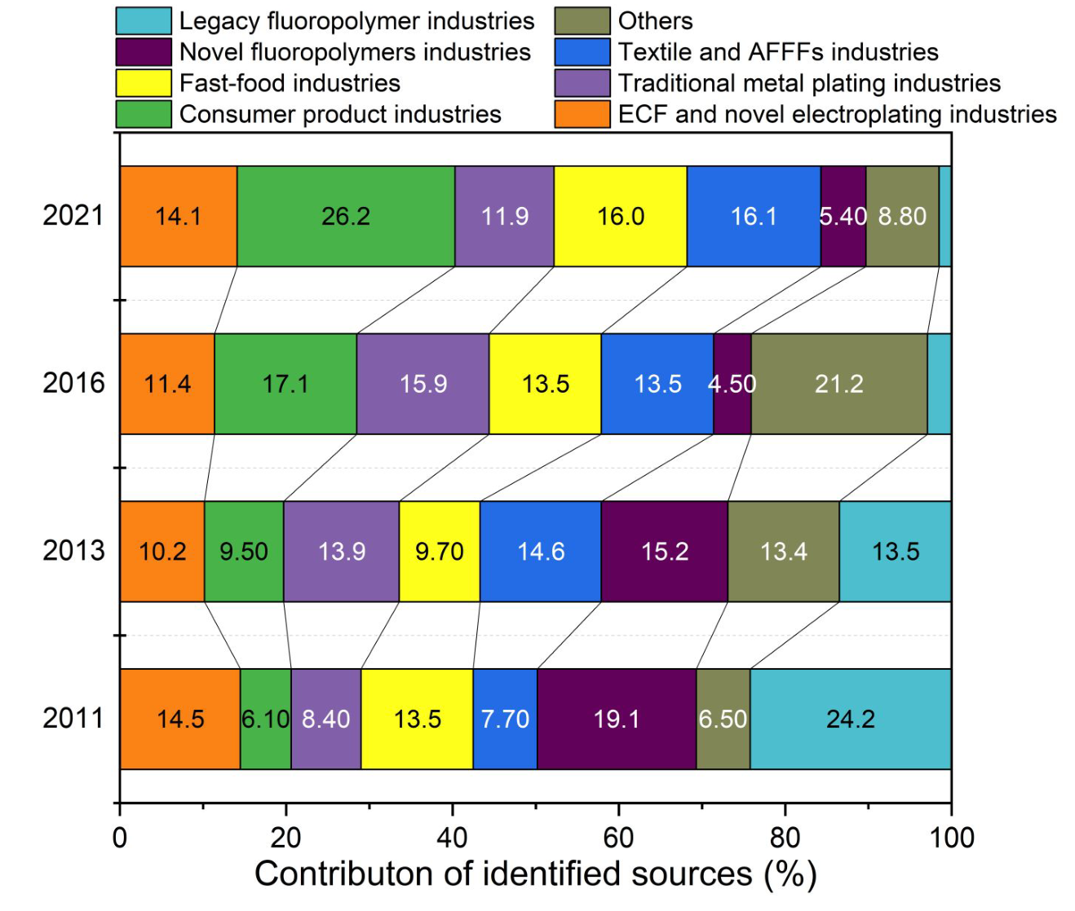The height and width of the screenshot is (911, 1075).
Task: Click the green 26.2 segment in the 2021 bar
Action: [x=346, y=216]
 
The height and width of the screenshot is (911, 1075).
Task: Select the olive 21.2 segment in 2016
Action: [x=839, y=384]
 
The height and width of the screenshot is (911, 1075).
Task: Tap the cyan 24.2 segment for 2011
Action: [x=851, y=719]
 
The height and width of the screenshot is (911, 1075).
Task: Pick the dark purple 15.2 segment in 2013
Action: [x=665, y=552]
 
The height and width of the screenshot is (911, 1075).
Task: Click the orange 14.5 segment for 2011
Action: [x=180, y=719]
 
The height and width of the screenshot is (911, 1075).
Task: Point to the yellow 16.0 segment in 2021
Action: [x=621, y=216]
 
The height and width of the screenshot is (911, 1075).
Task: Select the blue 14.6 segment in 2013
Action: [x=541, y=552]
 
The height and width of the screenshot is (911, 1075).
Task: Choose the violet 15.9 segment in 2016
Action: [x=423, y=384]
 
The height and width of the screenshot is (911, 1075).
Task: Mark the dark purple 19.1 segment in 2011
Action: [x=617, y=719]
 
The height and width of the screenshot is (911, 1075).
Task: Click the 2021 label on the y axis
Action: [x=73, y=216]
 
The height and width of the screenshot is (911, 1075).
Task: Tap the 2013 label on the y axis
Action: [x=73, y=551]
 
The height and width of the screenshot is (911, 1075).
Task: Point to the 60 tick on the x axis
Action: [x=618, y=838]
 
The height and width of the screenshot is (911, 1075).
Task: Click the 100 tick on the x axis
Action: [x=951, y=838]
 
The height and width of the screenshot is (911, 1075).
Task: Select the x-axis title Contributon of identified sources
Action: [x=535, y=874]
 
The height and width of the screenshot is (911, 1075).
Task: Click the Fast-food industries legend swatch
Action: [x=144, y=83]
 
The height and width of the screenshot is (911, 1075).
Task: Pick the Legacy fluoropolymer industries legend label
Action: [x=356, y=21]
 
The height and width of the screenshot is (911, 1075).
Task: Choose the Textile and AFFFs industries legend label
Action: [x=778, y=52]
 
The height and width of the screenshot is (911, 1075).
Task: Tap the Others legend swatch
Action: [x=582, y=21]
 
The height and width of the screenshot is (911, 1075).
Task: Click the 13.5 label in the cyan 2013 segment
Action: [x=896, y=552]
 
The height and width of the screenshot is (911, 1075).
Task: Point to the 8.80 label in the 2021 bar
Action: [x=902, y=216]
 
